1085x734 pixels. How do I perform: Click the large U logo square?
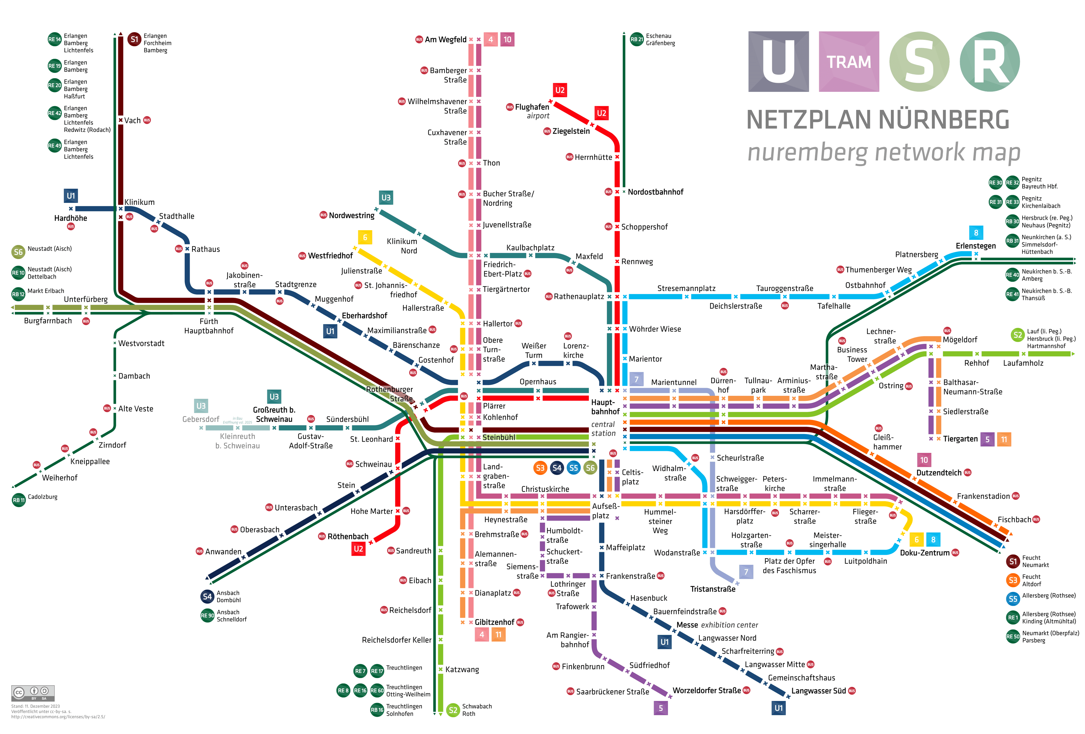coord(778,62)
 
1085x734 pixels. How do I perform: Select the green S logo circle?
coord(919,62)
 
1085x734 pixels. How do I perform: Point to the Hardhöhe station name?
coord(71,218)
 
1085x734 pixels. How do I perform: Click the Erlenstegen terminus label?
coord(975,246)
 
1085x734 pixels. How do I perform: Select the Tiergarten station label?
coord(960,439)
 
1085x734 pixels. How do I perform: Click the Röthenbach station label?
coord(348,537)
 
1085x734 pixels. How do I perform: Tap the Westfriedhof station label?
coord(330,256)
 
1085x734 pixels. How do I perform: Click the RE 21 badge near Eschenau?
coord(637,40)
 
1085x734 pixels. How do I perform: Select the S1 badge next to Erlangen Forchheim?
coord(134,40)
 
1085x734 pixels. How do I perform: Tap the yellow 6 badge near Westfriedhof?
coord(364,237)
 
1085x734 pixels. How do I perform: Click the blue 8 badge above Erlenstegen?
coord(976,233)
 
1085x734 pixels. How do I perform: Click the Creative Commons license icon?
coord(33,692)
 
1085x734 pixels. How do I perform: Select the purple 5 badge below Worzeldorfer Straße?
coord(661,708)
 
